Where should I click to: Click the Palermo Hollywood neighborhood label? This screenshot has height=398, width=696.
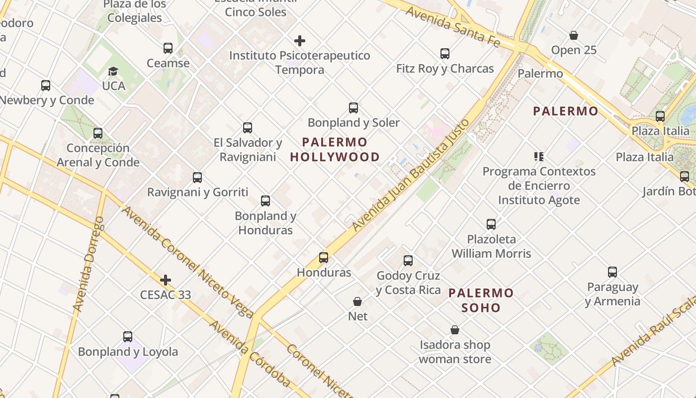335,150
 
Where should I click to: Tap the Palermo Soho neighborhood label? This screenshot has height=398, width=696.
481,300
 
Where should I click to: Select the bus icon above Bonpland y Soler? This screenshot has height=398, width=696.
353,108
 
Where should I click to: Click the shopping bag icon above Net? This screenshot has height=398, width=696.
357,301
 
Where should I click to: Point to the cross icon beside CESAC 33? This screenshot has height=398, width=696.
166,281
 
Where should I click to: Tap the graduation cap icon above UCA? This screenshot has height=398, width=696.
113,72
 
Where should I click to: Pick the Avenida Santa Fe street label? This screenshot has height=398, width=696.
452,26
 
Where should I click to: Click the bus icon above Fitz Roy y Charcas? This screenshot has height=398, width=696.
445,54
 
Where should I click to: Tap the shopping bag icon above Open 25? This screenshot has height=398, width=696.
574,36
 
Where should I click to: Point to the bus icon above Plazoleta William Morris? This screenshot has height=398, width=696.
491,224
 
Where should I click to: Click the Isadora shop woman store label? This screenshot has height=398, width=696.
455,352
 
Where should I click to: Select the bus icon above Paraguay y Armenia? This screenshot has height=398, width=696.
612,272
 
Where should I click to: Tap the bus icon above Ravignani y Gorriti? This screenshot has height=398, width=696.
197,178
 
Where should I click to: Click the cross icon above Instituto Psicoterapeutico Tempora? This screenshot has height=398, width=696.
300,41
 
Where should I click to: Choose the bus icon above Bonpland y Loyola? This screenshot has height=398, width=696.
128,337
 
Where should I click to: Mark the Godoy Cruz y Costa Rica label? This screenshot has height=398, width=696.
408,283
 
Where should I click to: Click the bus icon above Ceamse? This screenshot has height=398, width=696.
168,48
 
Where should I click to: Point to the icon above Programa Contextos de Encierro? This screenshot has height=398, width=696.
539,157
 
